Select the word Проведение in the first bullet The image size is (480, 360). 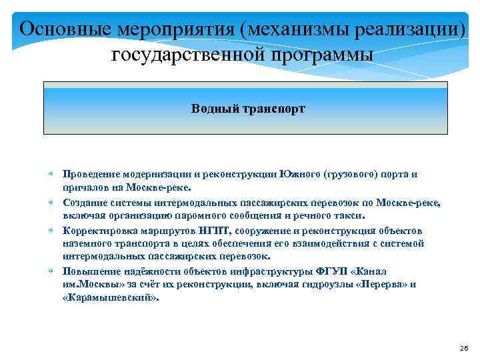[91, 175]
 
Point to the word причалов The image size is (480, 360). [85, 187]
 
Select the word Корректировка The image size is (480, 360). [97, 231]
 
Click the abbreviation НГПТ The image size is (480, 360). [212, 231]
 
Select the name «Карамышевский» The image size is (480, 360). [111, 297]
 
